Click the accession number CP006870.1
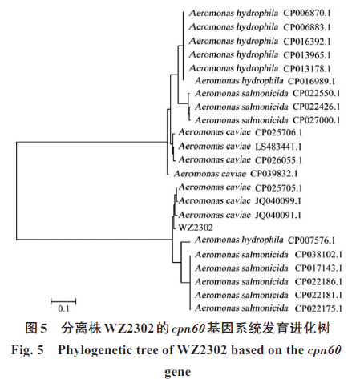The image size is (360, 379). [307, 13]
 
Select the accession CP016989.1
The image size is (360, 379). [311, 81]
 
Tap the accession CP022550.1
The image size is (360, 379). [316, 93]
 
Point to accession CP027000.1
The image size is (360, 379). [316, 120]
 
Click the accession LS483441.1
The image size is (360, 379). [278, 147]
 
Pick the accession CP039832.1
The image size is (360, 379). [273, 174]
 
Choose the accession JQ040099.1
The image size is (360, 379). [278, 200]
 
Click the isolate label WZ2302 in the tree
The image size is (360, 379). [196, 228]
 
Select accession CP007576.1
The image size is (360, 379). [311, 240]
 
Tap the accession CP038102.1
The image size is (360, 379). [318, 255]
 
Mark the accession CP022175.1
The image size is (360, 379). [318, 308]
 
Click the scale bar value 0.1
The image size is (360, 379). [63, 309]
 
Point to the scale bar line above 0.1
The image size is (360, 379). [63, 302]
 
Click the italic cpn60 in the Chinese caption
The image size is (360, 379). [188, 329]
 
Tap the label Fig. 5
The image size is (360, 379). [27, 350]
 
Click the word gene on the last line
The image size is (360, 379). [178, 372]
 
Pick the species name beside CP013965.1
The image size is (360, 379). [233, 54]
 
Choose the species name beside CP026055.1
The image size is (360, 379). [215, 159]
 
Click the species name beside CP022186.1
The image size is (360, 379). [241, 281]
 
